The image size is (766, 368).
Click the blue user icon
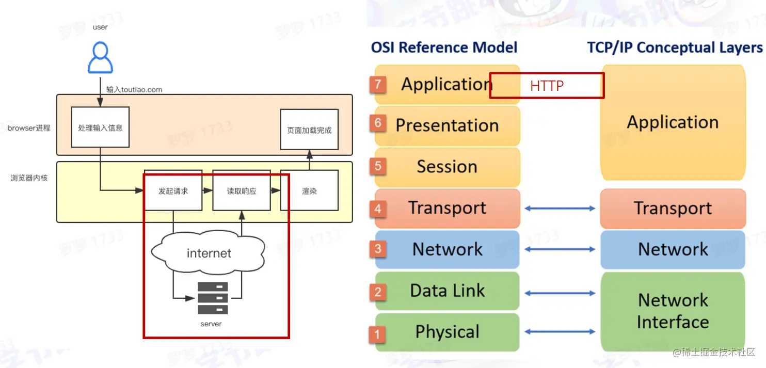[100, 58]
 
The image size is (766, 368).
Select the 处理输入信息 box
[100, 127]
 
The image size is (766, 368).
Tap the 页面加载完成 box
[309, 130]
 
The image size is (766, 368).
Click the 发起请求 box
[173, 191]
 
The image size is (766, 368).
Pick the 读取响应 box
[242, 191]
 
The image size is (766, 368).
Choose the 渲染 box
[309, 191]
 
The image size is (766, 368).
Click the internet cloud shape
[209, 253]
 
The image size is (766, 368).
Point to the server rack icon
[213, 298]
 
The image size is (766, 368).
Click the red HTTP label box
[547, 86]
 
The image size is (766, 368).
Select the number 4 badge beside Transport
[378, 209]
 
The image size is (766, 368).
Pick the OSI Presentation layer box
[447, 125]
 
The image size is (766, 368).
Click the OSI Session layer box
[447, 167]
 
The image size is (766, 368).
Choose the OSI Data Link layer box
[447, 291]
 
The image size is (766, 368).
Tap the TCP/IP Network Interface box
[673, 311]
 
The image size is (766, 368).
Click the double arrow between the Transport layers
[560, 209]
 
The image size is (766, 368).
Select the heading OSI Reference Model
[444, 47]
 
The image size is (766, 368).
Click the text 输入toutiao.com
[134, 89]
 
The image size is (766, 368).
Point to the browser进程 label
[29, 127]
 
